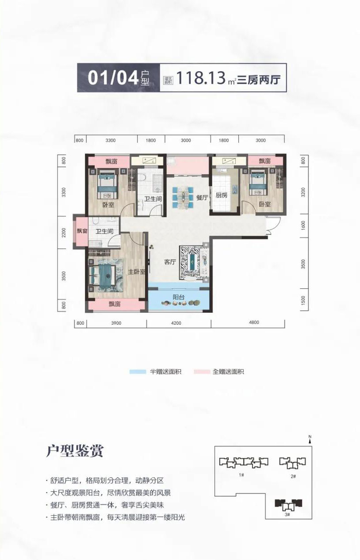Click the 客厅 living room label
tap(170, 262)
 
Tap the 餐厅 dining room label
tap(202, 198)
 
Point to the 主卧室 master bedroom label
tap(137, 272)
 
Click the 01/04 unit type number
tap(114, 78)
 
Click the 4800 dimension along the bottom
tap(253, 322)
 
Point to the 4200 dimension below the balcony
tap(176, 322)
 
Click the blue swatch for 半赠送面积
tap(137, 372)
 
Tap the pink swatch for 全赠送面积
tap(201, 372)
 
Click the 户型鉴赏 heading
tap(75, 451)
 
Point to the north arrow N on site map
tap(310, 438)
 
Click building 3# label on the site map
tap(287, 514)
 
